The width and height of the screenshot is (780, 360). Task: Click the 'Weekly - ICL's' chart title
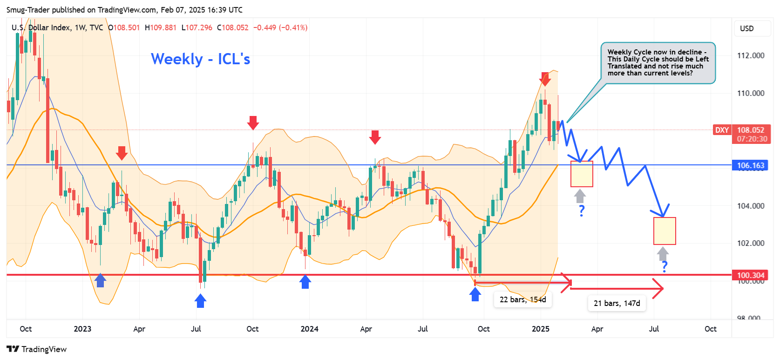tap(200, 59)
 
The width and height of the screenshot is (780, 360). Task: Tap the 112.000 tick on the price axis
tap(750, 55)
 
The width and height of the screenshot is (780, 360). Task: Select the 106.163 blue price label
tap(750, 165)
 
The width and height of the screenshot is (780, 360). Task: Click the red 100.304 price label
tap(750, 275)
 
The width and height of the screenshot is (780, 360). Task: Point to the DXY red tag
tap(721, 130)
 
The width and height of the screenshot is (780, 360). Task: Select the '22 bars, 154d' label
tap(522, 299)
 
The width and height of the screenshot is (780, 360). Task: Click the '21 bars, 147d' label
tap(617, 303)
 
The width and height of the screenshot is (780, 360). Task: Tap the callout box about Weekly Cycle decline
tap(658, 63)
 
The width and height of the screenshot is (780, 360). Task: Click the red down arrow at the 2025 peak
tap(545, 79)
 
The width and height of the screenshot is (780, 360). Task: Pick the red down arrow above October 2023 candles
tap(253, 122)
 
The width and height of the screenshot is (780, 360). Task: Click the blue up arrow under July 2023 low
tap(200, 301)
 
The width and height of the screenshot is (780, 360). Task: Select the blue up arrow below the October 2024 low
tap(475, 294)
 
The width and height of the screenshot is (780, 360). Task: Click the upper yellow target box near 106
tap(582, 174)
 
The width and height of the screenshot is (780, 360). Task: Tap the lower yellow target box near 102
tap(664, 231)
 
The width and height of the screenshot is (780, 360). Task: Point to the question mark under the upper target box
tap(582, 211)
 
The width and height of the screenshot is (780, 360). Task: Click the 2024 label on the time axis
tap(309, 329)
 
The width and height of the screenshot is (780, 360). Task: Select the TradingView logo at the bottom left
tap(37, 349)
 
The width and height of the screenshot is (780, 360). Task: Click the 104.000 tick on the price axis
tap(750, 206)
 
